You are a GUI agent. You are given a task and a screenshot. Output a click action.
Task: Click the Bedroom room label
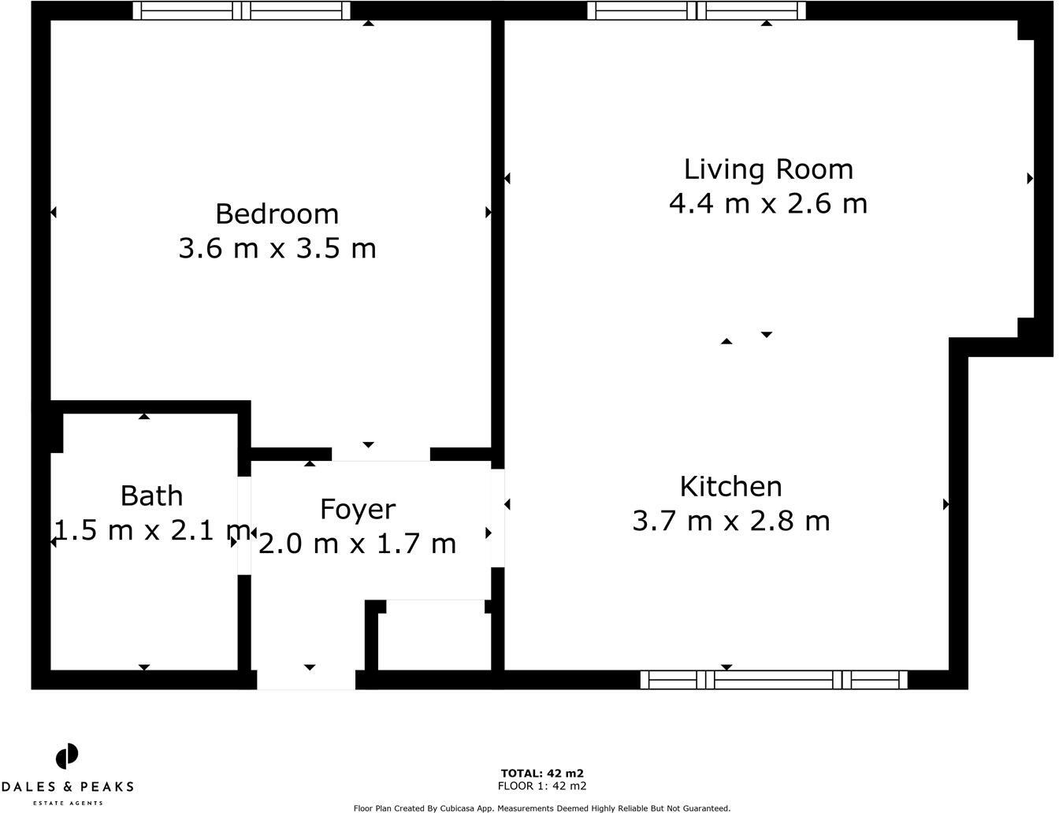coord(277,214)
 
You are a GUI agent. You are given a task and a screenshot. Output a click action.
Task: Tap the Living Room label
coord(768,169)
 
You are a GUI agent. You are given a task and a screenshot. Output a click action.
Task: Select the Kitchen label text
coord(730,487)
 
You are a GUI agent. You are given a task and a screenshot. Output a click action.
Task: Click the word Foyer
coord(357,510)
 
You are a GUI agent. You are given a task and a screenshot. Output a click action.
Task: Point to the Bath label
coord(151,496)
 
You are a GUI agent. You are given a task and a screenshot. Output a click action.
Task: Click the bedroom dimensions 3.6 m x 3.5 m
coord(277,249)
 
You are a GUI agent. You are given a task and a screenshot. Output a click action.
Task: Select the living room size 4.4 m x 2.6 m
coord(768,204)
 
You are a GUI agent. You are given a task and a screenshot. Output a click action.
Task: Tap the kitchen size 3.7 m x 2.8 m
coord(730,521)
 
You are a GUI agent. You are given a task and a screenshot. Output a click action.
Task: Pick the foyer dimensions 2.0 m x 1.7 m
coord(357,544)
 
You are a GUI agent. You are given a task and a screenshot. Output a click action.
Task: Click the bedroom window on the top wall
coord(241,10)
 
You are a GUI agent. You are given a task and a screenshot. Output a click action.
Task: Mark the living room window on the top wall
coord(697,10)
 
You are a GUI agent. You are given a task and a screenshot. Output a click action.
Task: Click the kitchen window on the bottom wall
coord(774,680)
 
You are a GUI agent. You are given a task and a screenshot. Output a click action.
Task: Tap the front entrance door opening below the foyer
coord(307,680)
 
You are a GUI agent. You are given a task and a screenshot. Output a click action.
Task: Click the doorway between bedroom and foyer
coord(381,454)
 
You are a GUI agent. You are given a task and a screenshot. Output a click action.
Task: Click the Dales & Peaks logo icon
coord(67,756)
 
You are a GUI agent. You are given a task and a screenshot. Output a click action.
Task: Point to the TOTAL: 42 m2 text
coord(542,774)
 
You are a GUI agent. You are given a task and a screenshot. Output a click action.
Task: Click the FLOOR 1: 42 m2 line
coord(542,786)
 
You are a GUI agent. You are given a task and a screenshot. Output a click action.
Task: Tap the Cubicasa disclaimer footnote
coord(542,807)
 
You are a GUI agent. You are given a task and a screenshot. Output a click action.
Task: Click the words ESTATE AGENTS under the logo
coord(67,803)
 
